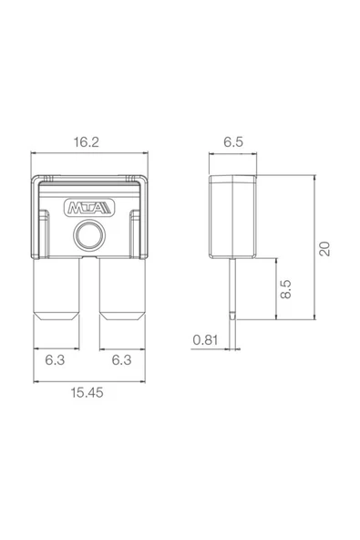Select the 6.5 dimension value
tap(233, 142)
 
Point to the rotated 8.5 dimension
tap(285, 289)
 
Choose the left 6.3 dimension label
tap(57, 359)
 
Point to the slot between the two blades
tap(89, 287)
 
